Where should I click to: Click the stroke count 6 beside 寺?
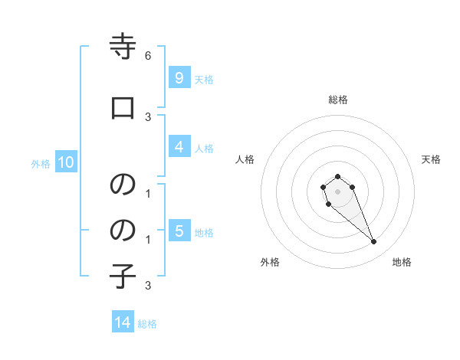click(x=148, y=56)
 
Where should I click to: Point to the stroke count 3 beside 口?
click(x=148, y=116)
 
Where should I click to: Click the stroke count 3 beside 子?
click(x=148, y=286)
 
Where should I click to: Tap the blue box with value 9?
click(x=179, y=77)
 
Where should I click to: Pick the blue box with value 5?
click(x=179, y=231)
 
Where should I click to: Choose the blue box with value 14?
click(x=123, y=322)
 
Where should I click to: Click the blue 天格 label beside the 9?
click(x=204, y=79)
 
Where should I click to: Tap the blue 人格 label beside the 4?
click(x=204, y=148)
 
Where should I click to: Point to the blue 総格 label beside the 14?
click(x=147, y=324)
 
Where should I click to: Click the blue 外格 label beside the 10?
click(x=41, y=163)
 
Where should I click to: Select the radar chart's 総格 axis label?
click(x=337, y=100)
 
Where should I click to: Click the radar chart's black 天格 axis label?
click(x=431, y=159)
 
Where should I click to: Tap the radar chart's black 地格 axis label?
click(x=402, y=262)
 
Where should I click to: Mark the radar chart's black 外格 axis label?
click(x=270, y=262)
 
